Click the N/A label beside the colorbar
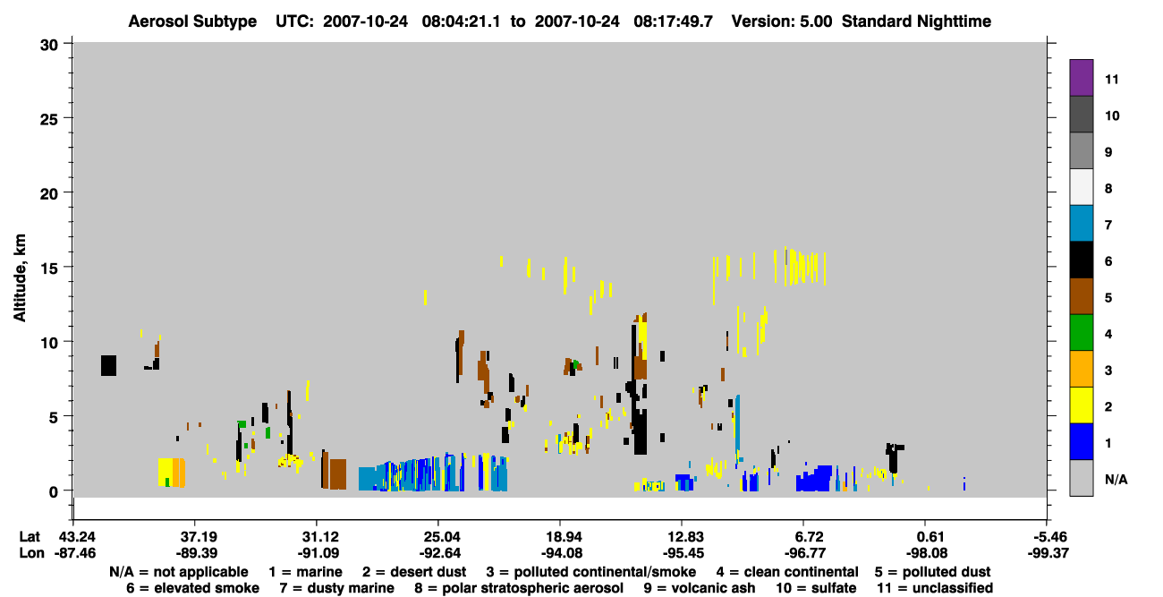(1116, 479)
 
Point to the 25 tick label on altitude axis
(49, 119)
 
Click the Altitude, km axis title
(20, 278)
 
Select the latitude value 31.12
(318, 537)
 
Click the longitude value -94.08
(561, 553)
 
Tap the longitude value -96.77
(805, 553)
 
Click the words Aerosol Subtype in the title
(192, 21)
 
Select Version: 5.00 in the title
(782, 21)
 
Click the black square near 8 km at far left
(108, 365)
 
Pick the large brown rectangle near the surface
(338, 473)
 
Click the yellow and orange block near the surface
(172, 473)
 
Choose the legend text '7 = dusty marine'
(337, 588)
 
